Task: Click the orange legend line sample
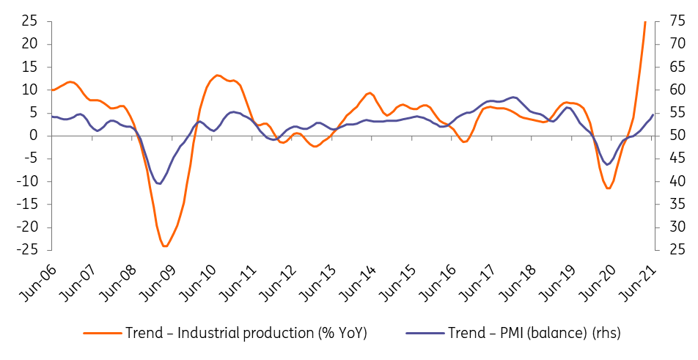point(103,333)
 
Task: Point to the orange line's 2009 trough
point(165,246)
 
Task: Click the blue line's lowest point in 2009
point(159,183)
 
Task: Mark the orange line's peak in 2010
point(217,76)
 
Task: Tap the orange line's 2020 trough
point(608,188)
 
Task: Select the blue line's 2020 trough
point(607,165)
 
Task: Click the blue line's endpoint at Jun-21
point(653,114)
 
